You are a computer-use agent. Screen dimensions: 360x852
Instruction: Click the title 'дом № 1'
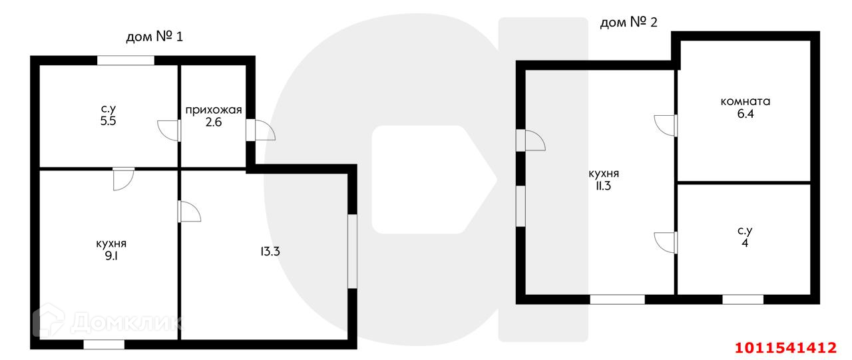coord(154,36)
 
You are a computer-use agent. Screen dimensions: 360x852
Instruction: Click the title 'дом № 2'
coord(628,23)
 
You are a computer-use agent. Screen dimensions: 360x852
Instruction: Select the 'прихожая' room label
coord(213,110)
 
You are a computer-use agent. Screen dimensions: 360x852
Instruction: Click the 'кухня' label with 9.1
coord(111,244)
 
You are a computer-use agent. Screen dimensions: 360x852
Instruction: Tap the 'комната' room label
coord(745,102)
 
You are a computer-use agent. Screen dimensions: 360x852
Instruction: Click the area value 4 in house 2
coord(744,242)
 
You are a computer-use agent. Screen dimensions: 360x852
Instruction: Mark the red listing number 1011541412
coord(785,347)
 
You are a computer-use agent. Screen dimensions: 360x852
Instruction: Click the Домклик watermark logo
coord(106,323)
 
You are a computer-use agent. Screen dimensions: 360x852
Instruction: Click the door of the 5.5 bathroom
coord(170,130)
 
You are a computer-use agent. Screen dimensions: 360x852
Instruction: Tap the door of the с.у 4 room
coord(666,242)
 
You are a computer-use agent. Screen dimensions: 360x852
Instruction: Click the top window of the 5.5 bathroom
coord(125,61)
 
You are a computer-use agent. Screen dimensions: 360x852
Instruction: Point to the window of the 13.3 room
coord(352,251)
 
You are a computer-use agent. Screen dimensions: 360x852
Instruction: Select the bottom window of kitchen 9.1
coord(104,344)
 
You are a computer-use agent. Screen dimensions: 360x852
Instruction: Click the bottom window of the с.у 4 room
coord(742,299)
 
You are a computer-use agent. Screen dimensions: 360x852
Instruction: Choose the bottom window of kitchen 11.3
coord(617,299)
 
